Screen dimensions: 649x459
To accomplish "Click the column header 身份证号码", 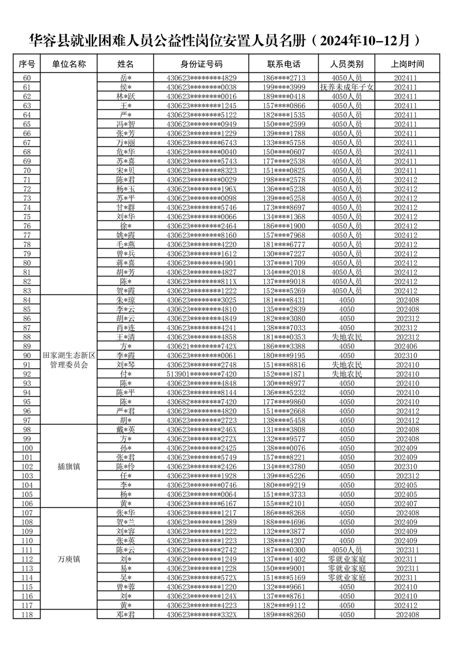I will coord(201,64).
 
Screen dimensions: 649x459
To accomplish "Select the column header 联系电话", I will coord(283,64).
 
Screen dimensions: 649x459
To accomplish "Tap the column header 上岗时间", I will coord(408,64).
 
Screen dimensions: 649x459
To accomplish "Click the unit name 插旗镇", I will coord(69,466).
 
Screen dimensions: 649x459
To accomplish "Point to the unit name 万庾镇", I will coord(69,559).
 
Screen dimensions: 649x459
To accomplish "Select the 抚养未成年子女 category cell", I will coord(347,87).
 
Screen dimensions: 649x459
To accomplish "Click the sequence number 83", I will coord(27,290).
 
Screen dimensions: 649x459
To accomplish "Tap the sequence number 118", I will coord(27,614).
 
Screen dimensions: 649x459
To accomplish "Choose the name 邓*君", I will coord(125,614).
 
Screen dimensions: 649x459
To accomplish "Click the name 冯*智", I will coord(125,124).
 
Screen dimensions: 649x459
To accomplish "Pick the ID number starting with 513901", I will coord(201,374).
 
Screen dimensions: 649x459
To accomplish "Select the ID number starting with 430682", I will coord(201,401).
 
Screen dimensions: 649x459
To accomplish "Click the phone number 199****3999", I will coord(283,87).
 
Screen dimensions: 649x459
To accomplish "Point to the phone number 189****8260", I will coord(283,614).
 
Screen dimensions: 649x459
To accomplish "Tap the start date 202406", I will coord(408,346).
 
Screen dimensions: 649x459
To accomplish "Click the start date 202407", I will coord(408,503).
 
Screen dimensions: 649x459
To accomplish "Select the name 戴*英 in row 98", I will coord(125,429).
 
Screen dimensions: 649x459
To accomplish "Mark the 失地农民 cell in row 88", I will coord(347,337).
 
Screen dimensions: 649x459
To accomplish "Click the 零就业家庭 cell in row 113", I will coord(347,568).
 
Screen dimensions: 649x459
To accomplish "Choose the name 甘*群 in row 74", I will coord(125,207).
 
